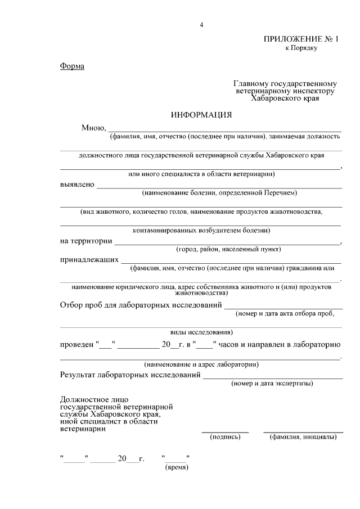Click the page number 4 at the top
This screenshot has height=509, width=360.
(201, 25)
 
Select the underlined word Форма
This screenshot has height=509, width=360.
(72, 67)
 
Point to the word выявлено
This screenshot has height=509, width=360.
(77, 184)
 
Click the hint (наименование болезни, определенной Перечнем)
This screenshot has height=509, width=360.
(219, 193)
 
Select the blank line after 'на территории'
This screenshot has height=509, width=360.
(227, 242)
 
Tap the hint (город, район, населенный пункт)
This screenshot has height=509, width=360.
(228, 249)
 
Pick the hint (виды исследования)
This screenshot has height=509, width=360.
(201, 332)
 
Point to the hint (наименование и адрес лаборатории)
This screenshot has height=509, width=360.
(201, 364)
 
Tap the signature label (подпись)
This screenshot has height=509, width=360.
(225, 436)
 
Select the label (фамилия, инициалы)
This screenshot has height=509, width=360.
(303, 436)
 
